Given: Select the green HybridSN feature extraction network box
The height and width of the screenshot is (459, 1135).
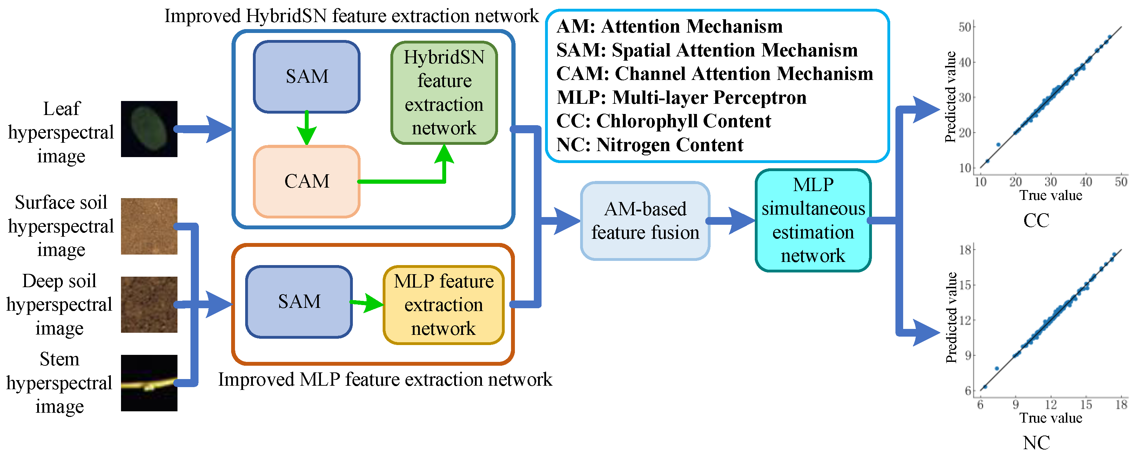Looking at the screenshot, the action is (444, 93).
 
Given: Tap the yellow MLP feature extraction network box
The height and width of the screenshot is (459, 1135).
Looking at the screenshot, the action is (444, 305).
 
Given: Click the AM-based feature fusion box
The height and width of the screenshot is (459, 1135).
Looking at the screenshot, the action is (645, 221).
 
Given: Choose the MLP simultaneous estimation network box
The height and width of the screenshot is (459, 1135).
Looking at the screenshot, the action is (813, 220).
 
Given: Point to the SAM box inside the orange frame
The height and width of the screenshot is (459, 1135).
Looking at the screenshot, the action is (299, 302).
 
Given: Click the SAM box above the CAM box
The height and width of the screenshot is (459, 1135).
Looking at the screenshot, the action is (307, 77).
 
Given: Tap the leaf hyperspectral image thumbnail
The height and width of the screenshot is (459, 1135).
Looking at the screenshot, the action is (149, 129).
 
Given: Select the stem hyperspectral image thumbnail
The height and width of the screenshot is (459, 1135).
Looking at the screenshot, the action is (149, 383).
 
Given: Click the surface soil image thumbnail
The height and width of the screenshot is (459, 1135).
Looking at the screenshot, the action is (149, 227).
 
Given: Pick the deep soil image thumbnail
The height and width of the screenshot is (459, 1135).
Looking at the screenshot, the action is (149, 304).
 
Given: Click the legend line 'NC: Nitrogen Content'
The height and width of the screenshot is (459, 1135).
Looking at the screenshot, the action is (650, 145).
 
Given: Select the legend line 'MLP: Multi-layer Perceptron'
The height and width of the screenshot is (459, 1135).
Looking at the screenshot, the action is (681, 97).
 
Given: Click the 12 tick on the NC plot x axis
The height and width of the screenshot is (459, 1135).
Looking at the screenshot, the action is (1051, 404).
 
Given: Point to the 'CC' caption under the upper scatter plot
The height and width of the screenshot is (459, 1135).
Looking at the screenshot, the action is (1036, 220).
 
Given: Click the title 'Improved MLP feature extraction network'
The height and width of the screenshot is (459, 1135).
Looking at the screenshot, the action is (385, 379).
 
